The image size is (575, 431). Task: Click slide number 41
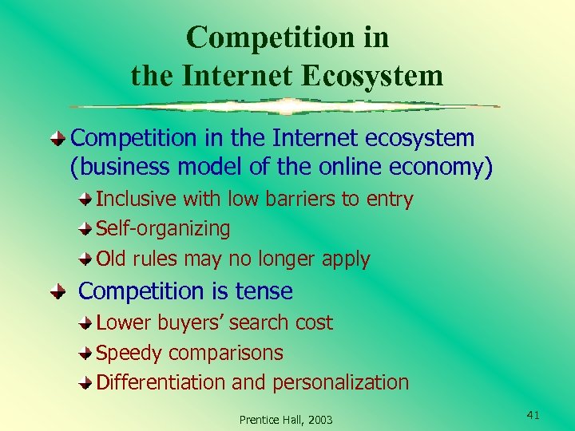tap(534, 413)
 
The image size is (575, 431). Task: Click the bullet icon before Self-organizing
tap(85, 230)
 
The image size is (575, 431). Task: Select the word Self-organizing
tap(163, 229)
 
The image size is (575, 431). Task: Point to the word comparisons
tap(227, 353)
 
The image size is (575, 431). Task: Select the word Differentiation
tap(161, 382)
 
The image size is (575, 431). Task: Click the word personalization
tap(341, 382)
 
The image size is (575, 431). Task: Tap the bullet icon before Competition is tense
tap(59, 292)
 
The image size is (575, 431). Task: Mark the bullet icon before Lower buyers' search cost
tap(85, 323)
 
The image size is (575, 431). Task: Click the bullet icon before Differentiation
tap(85, 383)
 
